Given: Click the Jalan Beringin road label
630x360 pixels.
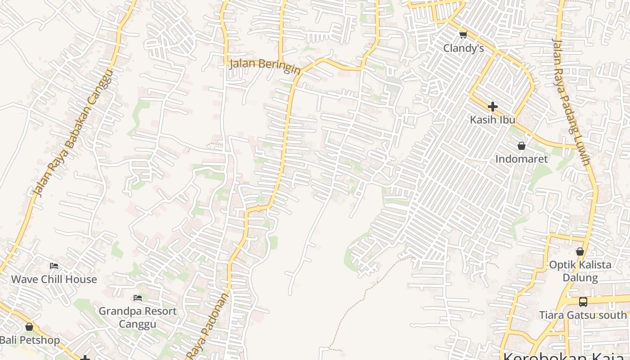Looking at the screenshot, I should click(265, 66).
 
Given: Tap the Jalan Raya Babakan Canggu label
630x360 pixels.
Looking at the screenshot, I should click(72, 133).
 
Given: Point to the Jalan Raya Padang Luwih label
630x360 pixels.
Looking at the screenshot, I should click(571, 103).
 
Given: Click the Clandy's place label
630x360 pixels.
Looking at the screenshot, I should click(463, 48).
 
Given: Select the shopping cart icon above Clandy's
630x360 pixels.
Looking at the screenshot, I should click(463, 34).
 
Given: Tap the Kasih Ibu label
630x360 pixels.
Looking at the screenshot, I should click(492, 120).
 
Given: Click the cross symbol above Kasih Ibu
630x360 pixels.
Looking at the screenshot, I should click(492, 107).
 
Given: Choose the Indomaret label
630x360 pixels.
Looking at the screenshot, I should click(521, 159).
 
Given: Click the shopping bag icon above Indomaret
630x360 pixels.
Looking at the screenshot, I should click(521, 146).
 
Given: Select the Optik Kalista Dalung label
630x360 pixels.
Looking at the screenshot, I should click(580, 271).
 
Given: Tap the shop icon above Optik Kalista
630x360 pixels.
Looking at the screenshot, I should click(580, 252).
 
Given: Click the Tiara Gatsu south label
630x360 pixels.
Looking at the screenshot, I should click(583, 315).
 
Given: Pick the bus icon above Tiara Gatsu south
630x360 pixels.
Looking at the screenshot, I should click(583, 301).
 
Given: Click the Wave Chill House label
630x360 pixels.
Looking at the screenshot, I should click(54, 279).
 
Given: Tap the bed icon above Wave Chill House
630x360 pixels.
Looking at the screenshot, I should click(54, 266).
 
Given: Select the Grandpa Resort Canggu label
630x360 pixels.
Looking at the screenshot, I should click(138, 317).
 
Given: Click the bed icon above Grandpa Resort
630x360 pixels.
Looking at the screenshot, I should click(138, 298).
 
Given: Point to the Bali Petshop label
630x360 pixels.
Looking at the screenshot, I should click(30, 340).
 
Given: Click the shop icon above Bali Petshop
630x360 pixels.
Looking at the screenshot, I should click(29, 327).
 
